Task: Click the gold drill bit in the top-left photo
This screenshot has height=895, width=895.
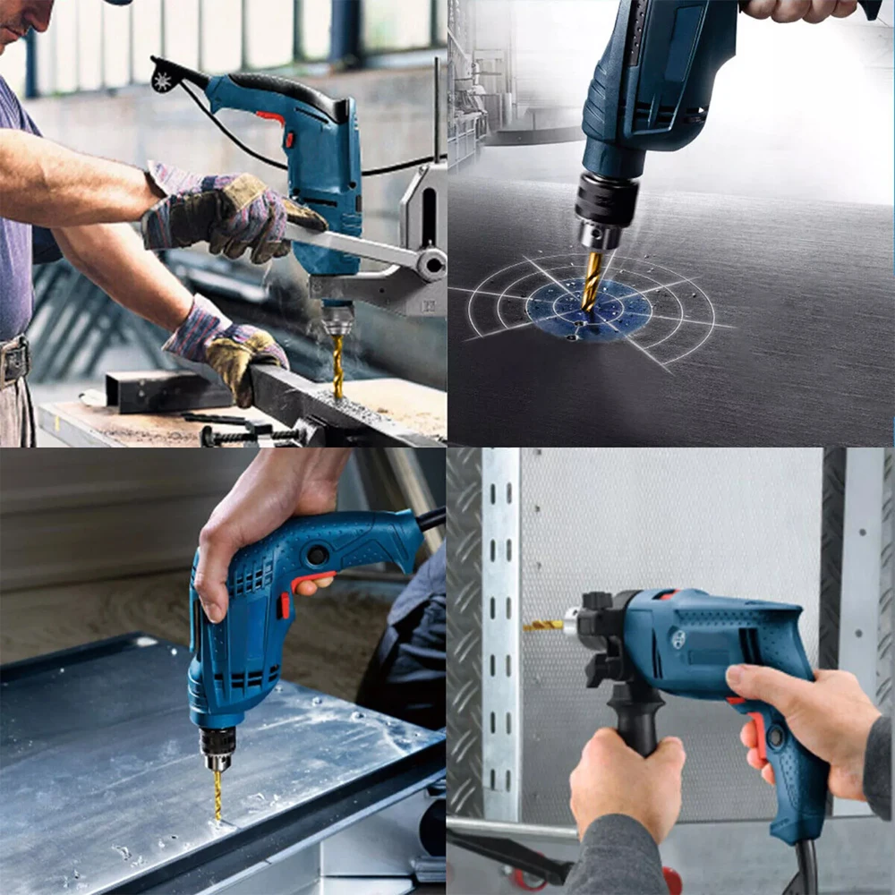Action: pyautogui.click(x=337, y=367)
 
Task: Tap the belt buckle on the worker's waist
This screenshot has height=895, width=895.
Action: pyautogui.click(x=14, y=360)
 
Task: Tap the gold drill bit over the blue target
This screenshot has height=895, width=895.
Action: pyautogui.click(x=592, y=279)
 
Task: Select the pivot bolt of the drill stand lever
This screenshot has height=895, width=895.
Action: pyautogui.click(x=431, y=264)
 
